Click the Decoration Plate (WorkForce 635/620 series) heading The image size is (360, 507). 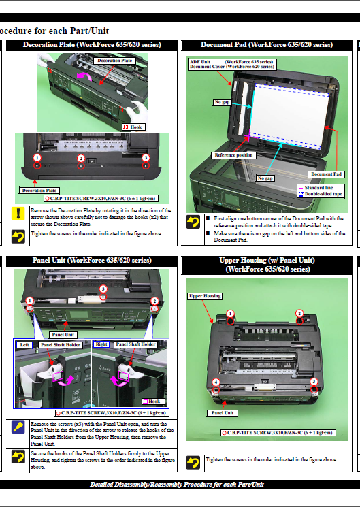tap(92, 45)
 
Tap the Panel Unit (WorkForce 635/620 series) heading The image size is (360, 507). tap(92, 260)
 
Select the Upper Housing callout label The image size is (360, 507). tap(204, 296)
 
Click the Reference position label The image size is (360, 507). tap(234, 155)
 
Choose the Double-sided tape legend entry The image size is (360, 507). tap(321, 194)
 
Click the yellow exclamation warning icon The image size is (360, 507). tap(18, 214)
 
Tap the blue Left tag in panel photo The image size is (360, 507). tap(24, 344)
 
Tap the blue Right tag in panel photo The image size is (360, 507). tap(101, 344)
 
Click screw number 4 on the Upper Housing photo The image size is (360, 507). tap(216, 382)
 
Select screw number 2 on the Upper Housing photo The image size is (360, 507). tap(299, 314)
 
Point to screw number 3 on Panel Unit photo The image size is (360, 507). tap(103, 289)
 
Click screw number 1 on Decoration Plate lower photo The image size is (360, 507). tap(35, 158)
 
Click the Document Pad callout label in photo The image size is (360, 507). tap(327, 174)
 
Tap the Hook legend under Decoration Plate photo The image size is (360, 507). tap(133, 127)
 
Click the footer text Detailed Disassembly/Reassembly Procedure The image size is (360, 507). tap(177, 485)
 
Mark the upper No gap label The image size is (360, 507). tap(223, 102)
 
